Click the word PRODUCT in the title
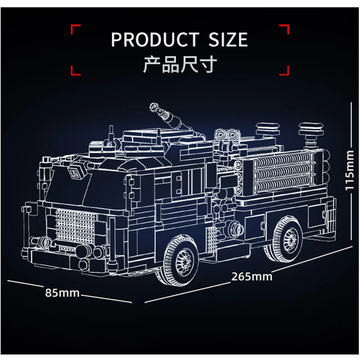(155, 40)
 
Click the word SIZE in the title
(228, 40)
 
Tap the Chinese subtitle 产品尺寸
(180, 64)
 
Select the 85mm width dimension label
(62, 293)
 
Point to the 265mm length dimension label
(252, 277)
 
